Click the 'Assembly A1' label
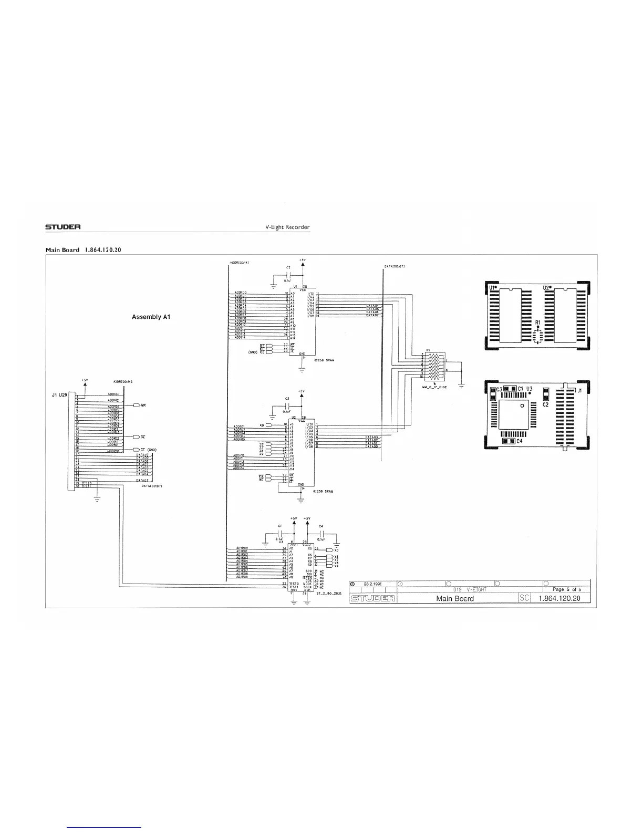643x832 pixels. (150, 317)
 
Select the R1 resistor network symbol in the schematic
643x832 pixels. (434, 367)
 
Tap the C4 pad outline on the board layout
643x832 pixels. (509, 442)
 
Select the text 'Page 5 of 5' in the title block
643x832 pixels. (563, 589)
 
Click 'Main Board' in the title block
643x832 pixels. (455, 598)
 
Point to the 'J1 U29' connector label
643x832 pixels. (59, 394)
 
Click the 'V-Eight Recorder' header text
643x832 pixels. (288, 227)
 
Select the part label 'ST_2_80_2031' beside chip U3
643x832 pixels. (329, 594)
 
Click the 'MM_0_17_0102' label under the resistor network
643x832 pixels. (434, 387)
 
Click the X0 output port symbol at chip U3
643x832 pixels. (331, 549)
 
